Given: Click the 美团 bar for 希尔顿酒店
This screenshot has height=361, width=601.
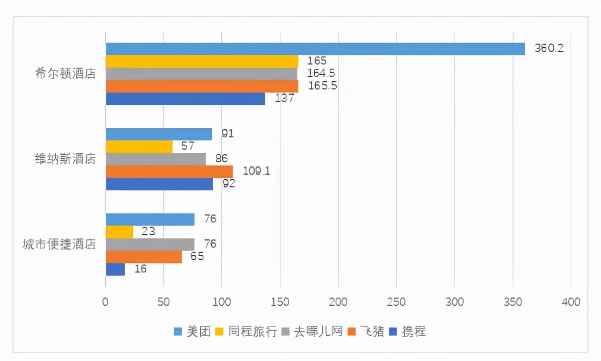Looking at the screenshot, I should (315, 49).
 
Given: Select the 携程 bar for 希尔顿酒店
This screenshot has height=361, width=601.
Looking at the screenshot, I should (186, 99).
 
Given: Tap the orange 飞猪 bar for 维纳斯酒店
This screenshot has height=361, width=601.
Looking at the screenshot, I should (169, 171).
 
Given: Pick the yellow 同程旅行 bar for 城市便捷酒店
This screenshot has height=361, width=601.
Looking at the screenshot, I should (119, 232).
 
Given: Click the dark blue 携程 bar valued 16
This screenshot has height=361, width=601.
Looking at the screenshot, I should (115, 269).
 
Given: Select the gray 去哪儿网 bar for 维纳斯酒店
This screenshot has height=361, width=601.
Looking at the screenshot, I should (156, 159).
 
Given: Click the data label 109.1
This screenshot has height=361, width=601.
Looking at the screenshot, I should (256, 171).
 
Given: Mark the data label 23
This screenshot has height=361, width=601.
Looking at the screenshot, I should (148, 231).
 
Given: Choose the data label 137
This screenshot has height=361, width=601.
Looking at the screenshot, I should (285, 98).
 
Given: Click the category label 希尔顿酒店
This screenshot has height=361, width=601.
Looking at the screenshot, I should (65, 74).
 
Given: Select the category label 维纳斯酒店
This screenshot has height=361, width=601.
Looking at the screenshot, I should (65, 159).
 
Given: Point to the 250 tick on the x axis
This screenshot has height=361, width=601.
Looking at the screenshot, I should (397, 301).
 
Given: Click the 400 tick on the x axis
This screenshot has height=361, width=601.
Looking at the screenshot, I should (571, 301).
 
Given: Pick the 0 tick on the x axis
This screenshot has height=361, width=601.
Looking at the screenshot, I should (106, 301).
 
